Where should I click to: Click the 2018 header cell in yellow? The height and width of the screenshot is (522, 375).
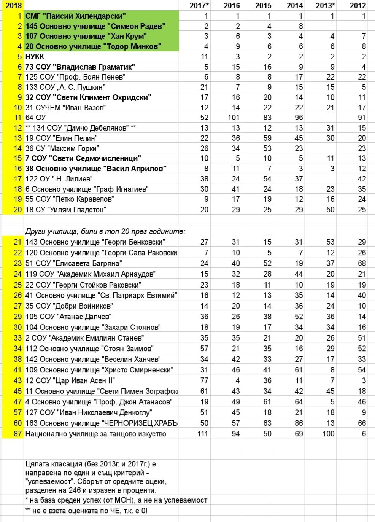(13, 6)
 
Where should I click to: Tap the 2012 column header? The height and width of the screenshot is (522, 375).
(358, 6)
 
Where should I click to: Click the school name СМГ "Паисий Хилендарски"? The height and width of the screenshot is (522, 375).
(76, 16)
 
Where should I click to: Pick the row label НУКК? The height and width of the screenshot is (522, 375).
(35, 57)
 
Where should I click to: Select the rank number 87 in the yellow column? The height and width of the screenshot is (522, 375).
(17, 434)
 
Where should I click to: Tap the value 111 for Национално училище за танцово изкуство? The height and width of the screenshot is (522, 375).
(202, 434)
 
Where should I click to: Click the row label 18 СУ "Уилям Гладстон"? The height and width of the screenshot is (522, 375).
(66, 210)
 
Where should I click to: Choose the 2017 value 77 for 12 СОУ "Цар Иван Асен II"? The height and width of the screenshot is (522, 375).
(204, 380)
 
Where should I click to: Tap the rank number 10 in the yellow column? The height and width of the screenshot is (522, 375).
(17, 108)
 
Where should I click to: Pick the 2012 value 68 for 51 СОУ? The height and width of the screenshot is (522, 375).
(362, 263)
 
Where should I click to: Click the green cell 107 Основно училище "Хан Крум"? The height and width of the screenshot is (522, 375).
(86, 36)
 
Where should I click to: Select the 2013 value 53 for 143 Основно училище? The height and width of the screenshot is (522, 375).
(330, 242)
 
